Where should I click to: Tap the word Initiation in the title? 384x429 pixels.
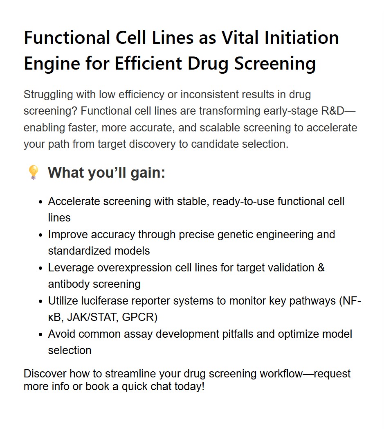pyautogui.click(x=301, y=38)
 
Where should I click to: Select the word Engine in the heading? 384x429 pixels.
pyautogui.click(x=52, y=64)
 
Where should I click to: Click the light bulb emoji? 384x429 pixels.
pyautogui.click(x=34, y=172)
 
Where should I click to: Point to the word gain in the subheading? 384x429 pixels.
pyautogui.click(x=148, y=173)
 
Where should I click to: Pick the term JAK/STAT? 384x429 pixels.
pyautogui.click(x=93, y=317)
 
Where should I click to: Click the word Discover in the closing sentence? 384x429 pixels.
pyautogui.click(x=45, y=374)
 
